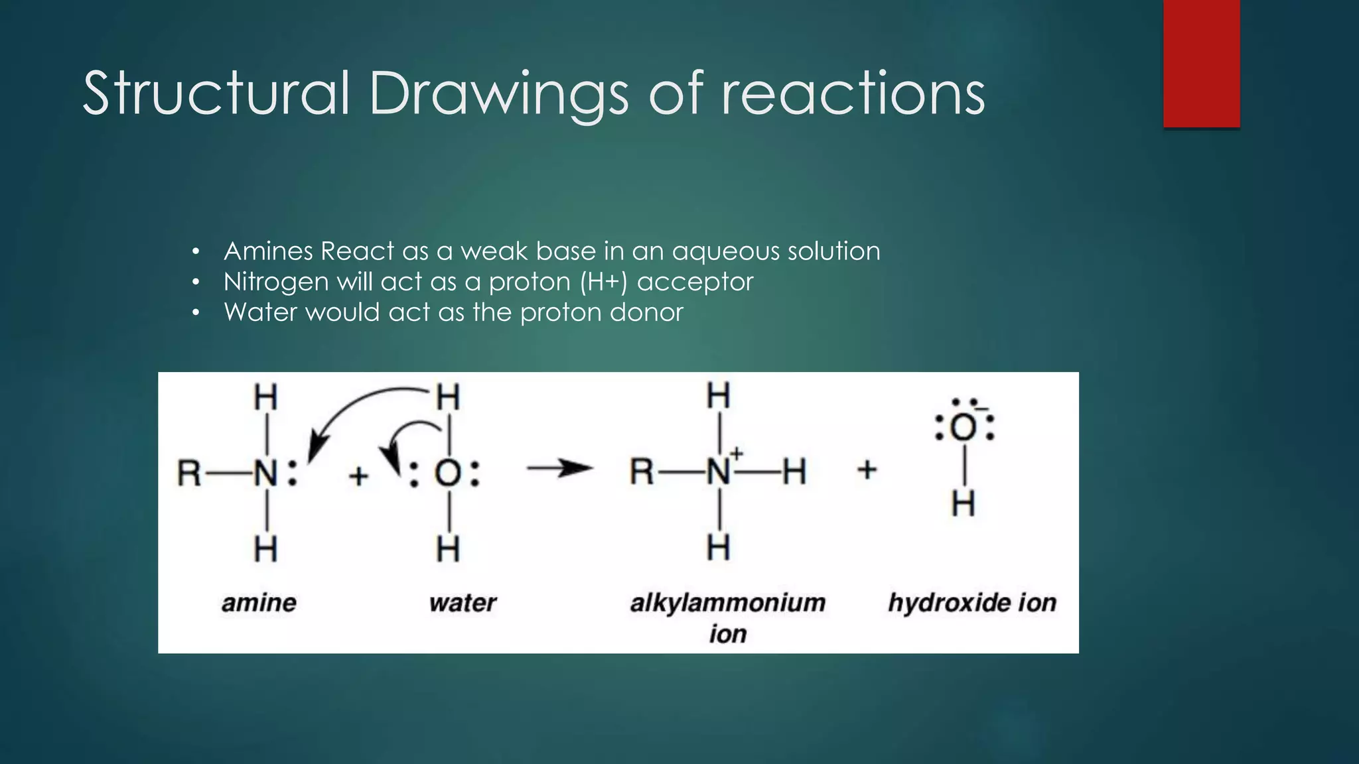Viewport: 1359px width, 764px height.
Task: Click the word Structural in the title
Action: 216,94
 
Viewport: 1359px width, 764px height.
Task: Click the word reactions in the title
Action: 853,94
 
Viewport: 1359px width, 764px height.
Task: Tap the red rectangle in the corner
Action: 1201,63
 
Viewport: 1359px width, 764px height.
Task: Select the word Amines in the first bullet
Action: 268,251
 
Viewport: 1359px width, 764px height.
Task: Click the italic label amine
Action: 259,603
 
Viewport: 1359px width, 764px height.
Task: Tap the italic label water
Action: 463,603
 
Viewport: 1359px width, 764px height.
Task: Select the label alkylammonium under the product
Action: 727,603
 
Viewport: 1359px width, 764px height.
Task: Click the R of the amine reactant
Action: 189,474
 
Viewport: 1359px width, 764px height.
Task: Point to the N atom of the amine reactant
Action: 265,474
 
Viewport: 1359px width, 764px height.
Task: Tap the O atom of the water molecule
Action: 448,474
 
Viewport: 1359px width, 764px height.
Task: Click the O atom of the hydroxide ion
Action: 964,428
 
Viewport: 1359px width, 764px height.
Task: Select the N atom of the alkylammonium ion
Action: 719,472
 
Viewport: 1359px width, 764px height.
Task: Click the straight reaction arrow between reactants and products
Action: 559,469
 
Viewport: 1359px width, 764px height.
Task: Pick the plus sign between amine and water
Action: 358,476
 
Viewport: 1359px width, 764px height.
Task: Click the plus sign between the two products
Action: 867,470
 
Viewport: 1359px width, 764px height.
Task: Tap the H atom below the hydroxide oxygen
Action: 964,504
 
